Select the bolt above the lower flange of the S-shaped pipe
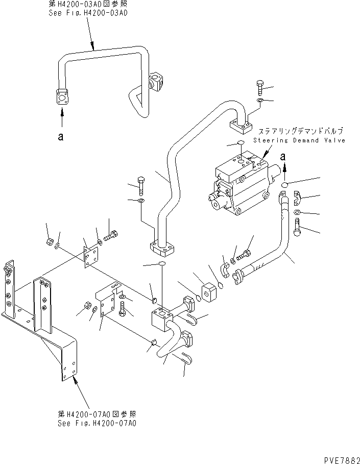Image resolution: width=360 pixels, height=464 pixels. [140, 185]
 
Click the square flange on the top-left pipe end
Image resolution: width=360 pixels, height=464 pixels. [62, 97]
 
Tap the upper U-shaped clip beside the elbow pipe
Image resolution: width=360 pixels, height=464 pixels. [190, 320]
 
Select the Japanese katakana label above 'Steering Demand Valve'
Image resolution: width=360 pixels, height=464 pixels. [293, 131]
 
